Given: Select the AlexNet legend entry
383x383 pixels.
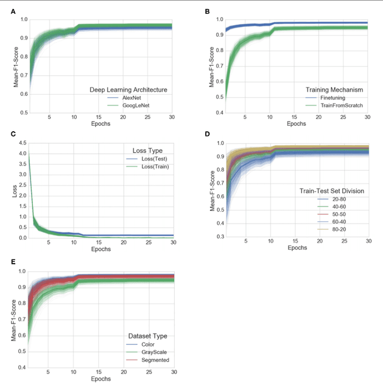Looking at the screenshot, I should point(133,97).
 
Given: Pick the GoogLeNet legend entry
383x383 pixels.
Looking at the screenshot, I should point(136,105).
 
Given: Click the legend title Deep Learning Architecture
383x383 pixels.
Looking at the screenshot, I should point(128,89).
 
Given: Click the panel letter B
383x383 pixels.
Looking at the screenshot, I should point(207,11).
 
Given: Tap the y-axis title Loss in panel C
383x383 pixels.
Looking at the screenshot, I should point(15,191).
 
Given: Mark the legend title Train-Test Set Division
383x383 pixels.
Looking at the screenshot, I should point(332,191).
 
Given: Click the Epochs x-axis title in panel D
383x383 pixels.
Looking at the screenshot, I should point(294,246).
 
